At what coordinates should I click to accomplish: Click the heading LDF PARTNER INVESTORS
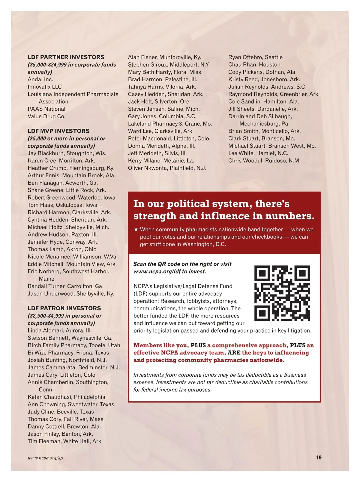point(66,57)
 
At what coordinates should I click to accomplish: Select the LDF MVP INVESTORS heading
point(58,131)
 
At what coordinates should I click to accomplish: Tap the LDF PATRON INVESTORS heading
point(64,308)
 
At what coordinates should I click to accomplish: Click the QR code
point(282,293)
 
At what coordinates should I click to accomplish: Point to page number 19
point(319,457)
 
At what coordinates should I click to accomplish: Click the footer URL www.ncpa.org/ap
point(45,458)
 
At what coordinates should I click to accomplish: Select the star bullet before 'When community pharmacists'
point(136,230)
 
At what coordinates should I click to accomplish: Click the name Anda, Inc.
point(40,80)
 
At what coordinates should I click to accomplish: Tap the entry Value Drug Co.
point(46,116)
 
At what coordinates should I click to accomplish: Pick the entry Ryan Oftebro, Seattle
point(255,57)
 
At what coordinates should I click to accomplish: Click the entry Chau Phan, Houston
point(254,65)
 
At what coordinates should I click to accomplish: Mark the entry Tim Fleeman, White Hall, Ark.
point(65,441)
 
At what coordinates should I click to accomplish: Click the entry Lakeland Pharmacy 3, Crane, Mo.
point(170,124)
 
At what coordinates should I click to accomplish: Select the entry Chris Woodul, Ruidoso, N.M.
point(264,161)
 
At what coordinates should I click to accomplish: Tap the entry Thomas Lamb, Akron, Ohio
point(62,249)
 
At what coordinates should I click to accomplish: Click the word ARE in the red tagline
point(234,353)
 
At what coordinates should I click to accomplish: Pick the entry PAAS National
point(46,109)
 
